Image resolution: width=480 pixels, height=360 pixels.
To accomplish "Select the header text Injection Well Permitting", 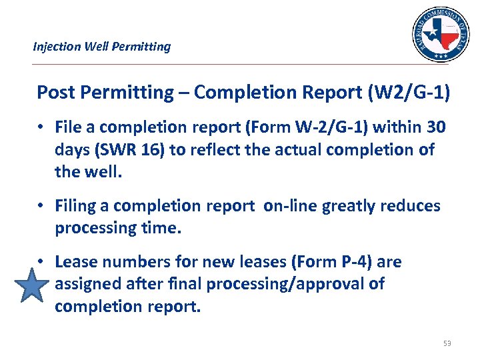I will pos(102,47).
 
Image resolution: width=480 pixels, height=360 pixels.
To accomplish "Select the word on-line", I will pos(290,205).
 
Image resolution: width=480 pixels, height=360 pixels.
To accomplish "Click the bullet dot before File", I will pos(41,126).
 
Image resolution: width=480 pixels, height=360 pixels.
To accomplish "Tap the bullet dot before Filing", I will pos(41,205).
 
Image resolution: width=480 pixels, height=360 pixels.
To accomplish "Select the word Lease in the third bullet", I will pos(75,261).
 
